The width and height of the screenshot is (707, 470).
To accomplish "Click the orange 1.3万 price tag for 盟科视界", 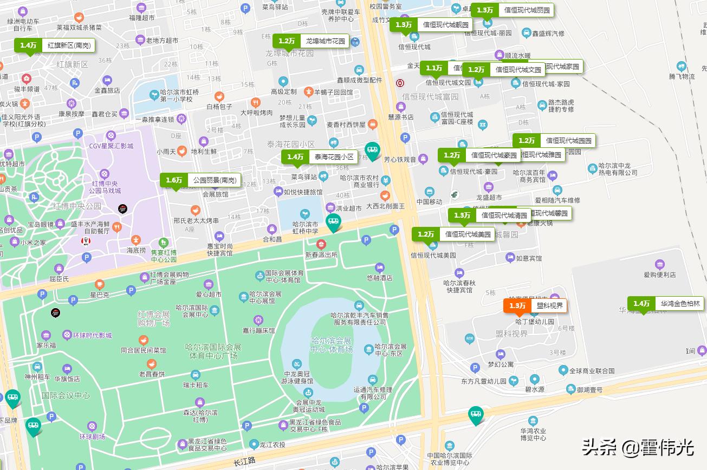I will click(535, 306).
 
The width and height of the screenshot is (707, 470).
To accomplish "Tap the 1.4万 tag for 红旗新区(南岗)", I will click(54, 45).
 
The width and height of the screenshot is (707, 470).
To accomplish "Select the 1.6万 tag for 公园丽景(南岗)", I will click(200, 180).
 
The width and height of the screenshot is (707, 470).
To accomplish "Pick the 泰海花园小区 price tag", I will click(319, 157).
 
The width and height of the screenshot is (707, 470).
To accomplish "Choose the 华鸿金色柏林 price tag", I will click(666, 304).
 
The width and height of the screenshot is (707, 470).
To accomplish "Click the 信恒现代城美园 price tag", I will click(453, 234).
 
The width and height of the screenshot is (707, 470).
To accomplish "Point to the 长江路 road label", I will click(244, 461).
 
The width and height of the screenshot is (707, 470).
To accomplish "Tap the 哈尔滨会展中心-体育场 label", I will click(331, 345).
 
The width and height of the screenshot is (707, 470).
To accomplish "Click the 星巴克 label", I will click(99, 295).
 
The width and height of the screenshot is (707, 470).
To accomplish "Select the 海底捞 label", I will click(136, 250).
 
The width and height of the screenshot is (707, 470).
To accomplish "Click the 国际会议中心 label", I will click(66, 396).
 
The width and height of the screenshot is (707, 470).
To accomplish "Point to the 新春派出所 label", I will click(321, 254).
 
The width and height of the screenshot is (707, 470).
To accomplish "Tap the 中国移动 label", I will click(430, 202).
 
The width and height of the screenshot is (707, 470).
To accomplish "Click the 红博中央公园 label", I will click(77, 206).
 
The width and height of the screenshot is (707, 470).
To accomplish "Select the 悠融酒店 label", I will click(379, 277).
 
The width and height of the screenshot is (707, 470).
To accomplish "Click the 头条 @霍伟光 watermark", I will click(638, 447).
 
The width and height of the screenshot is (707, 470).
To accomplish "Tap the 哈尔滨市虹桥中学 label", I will click(305, 227).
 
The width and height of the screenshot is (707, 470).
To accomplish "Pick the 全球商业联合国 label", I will click(592, 371).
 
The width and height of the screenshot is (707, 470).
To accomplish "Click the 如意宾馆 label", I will click(528, 258).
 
